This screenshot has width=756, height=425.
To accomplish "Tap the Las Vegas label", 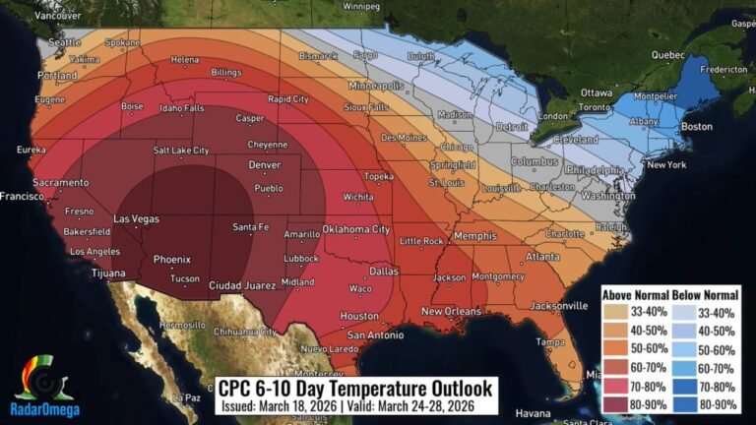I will click(x=136, y=218).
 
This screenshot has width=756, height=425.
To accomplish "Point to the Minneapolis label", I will click(x=375, y=86).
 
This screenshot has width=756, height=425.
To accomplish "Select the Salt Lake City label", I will click(x=181, y=151).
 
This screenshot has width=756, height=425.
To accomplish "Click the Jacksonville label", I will click(x=558, y=306).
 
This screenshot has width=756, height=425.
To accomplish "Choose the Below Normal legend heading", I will click(x=715, y=295).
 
